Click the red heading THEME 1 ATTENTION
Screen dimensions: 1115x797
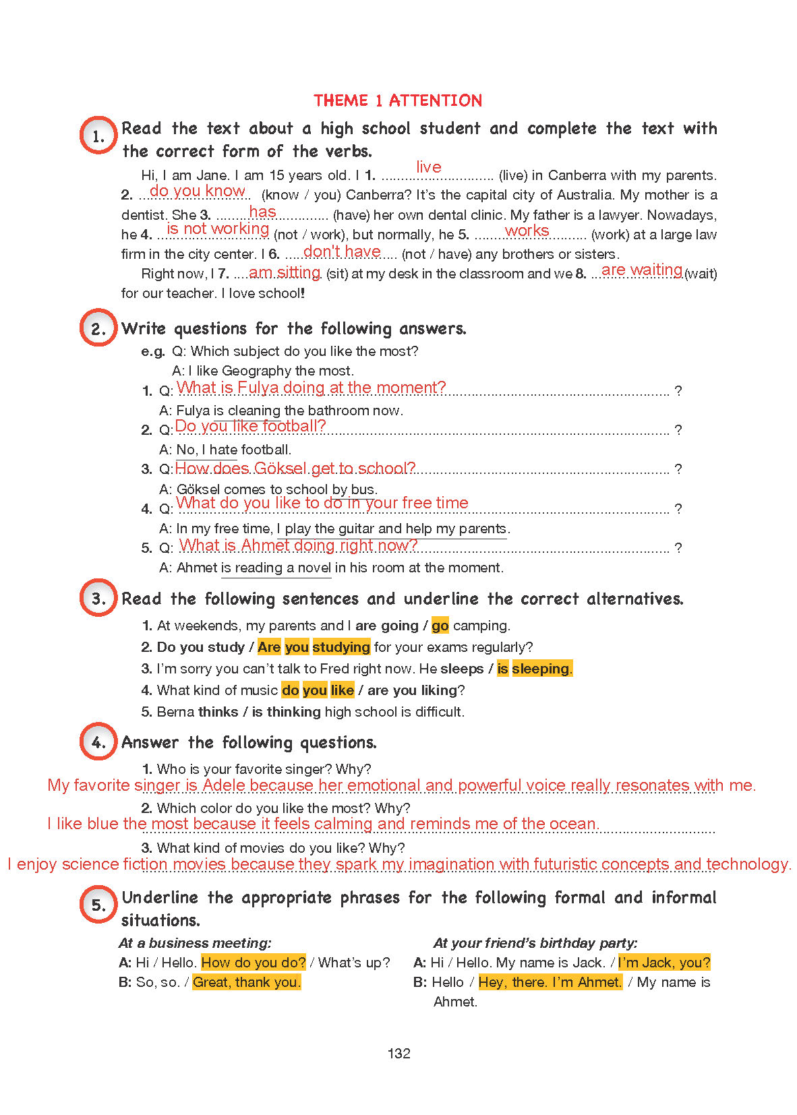click(398, 101)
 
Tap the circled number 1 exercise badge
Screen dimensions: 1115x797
click(98, 135)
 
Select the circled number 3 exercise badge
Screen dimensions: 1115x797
click(98, 598)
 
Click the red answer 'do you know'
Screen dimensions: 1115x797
click(198, 191)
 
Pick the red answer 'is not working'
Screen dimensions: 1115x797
click(218, 229)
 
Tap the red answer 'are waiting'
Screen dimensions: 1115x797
click(642, 270)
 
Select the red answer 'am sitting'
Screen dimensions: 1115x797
click(285, 272)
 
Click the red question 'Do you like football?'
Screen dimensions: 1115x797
click(250, 426)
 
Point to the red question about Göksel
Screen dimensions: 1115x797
click(295, 469)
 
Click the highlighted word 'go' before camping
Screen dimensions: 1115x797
click(440, 626)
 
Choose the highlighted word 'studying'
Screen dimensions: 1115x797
click(341, 647)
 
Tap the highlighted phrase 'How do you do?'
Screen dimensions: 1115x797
click(254, 963)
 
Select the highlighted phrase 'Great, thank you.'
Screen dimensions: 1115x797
click(247, 982)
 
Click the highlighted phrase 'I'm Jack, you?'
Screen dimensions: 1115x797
click(664, 963)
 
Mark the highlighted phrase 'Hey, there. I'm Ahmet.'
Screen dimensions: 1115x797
click(550, 982)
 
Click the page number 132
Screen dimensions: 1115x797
click(399, 1054)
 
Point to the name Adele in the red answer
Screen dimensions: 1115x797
click(225, 785)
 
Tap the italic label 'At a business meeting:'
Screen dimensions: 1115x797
click(196, 943)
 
